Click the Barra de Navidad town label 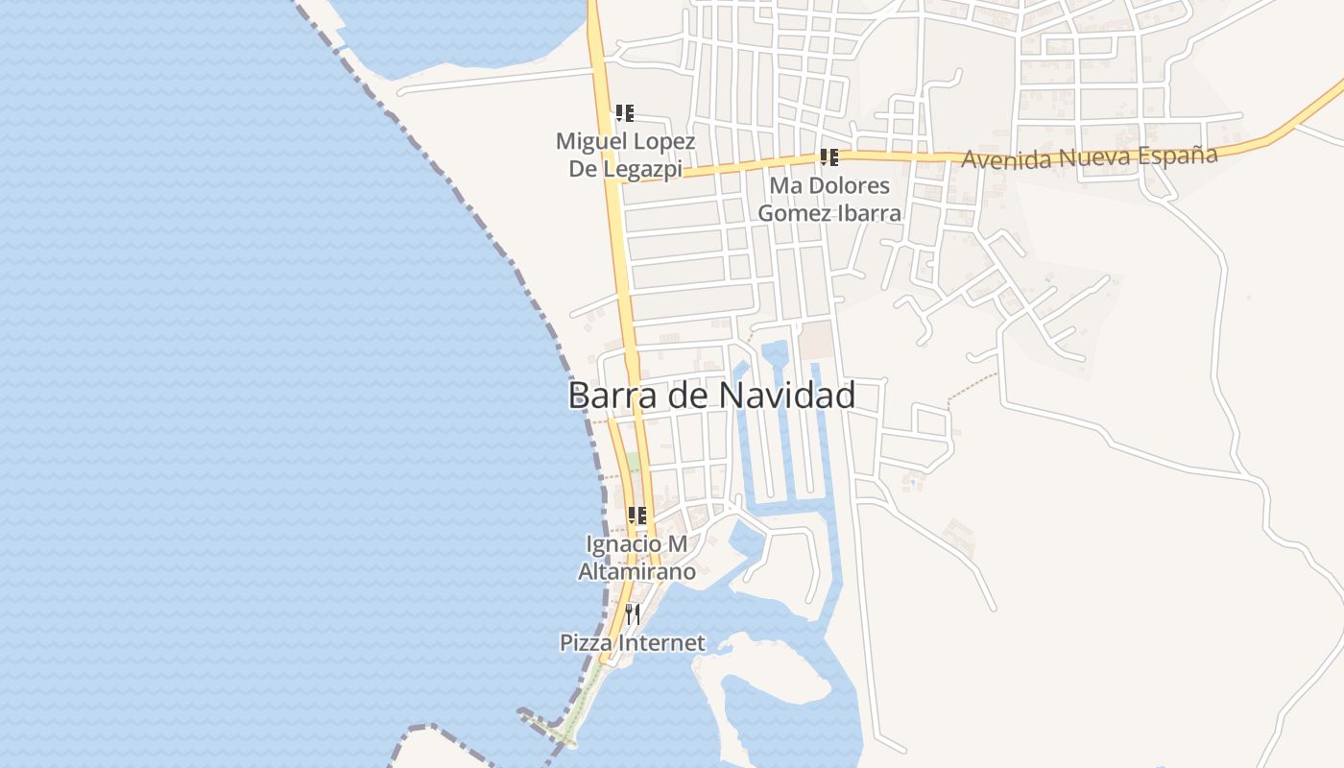click(x=711, y=395)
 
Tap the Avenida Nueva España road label click(x=1089, y=156)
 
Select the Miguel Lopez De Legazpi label click(x=625, y=155)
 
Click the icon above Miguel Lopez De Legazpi click(x=625, y=113)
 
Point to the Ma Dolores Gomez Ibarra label click(x=829, y=199)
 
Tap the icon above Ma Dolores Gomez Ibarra click(x=829, y=157)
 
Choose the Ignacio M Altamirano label click(x=636, y=558)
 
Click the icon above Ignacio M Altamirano click(x=636, y=516)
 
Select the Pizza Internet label click(x=633, y=643)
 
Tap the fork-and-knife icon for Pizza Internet click(x=633, y=613)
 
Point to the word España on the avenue click(x=1177, y=155)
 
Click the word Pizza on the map click(x=588, y=643)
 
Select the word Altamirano click(x=636, y=572)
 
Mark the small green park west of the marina click(x=633, y=462)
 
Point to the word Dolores click(x=850, y=185)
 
